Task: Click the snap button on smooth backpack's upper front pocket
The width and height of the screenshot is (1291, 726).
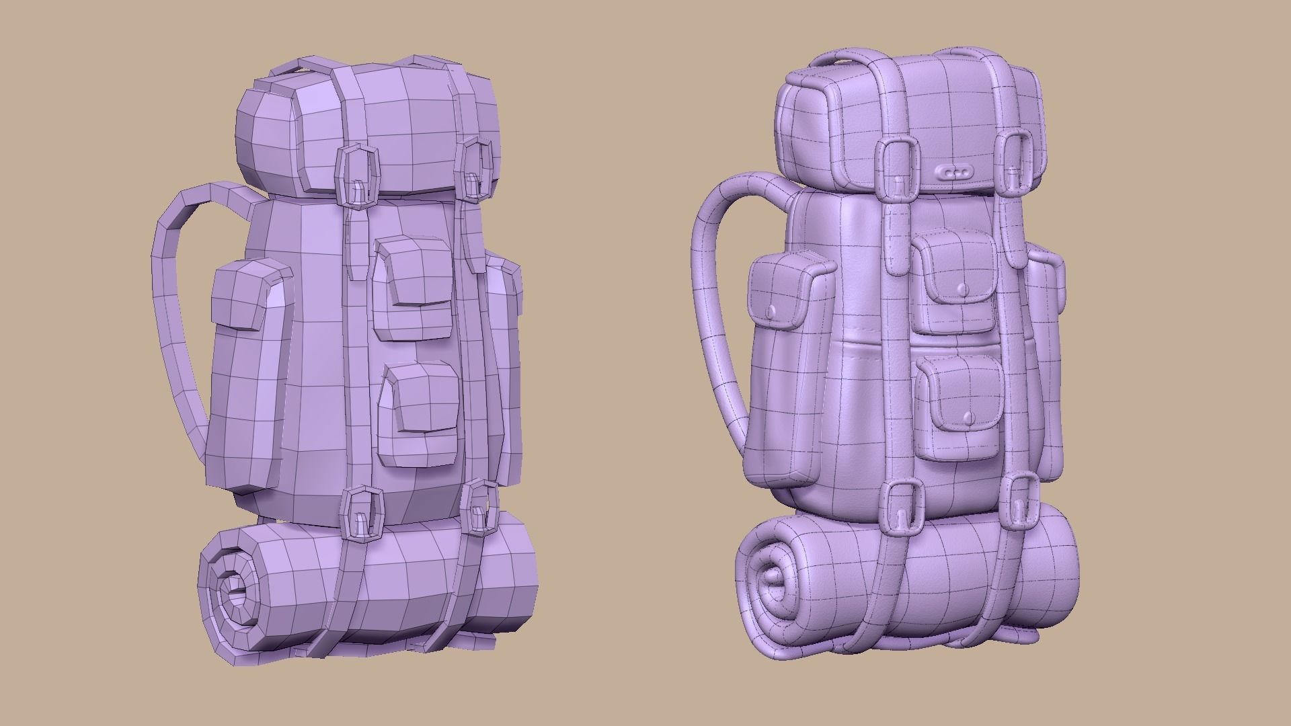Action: (962, 289)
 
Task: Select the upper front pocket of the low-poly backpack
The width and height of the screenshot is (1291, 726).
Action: (414, 289)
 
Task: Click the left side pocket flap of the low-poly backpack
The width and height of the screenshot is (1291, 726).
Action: (245, 296)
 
